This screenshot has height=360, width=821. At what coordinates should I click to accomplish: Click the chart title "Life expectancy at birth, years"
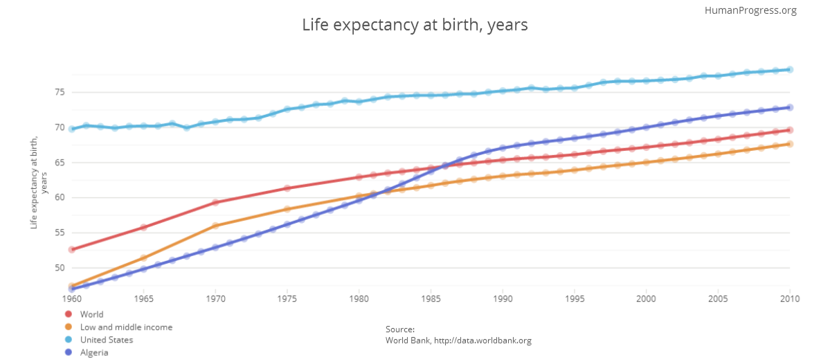[x=415, y=26]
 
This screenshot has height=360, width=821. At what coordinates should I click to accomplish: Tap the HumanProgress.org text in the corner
[x=750, y=10]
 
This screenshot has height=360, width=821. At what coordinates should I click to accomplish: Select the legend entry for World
[x=91, y=314]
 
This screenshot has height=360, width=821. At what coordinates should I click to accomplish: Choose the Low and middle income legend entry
[x=126, y=327]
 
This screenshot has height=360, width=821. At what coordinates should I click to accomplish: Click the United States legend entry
[x=106, y=340]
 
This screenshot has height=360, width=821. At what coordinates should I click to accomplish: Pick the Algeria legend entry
[x=94, y=352]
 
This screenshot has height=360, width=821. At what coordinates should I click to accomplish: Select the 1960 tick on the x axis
[x=72, y=299]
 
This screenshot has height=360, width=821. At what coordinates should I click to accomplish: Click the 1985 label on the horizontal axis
[x=431, y=299]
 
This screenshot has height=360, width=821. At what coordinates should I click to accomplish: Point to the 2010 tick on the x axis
[x=789, y=299]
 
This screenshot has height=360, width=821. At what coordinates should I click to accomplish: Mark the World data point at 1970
[x=215, y=202]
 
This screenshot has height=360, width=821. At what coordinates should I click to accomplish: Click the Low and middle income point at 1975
[x=287, y=209]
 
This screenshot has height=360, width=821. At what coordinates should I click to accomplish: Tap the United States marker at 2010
[x=790, y=69]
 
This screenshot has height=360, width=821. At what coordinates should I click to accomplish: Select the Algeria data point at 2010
[x=790, y=107]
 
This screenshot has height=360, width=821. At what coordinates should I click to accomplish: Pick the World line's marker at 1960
[x=72, y=249]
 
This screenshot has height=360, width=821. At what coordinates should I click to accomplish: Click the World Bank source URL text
[x=458, y=341]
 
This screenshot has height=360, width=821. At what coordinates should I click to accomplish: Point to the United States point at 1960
[x=72, y=129]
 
